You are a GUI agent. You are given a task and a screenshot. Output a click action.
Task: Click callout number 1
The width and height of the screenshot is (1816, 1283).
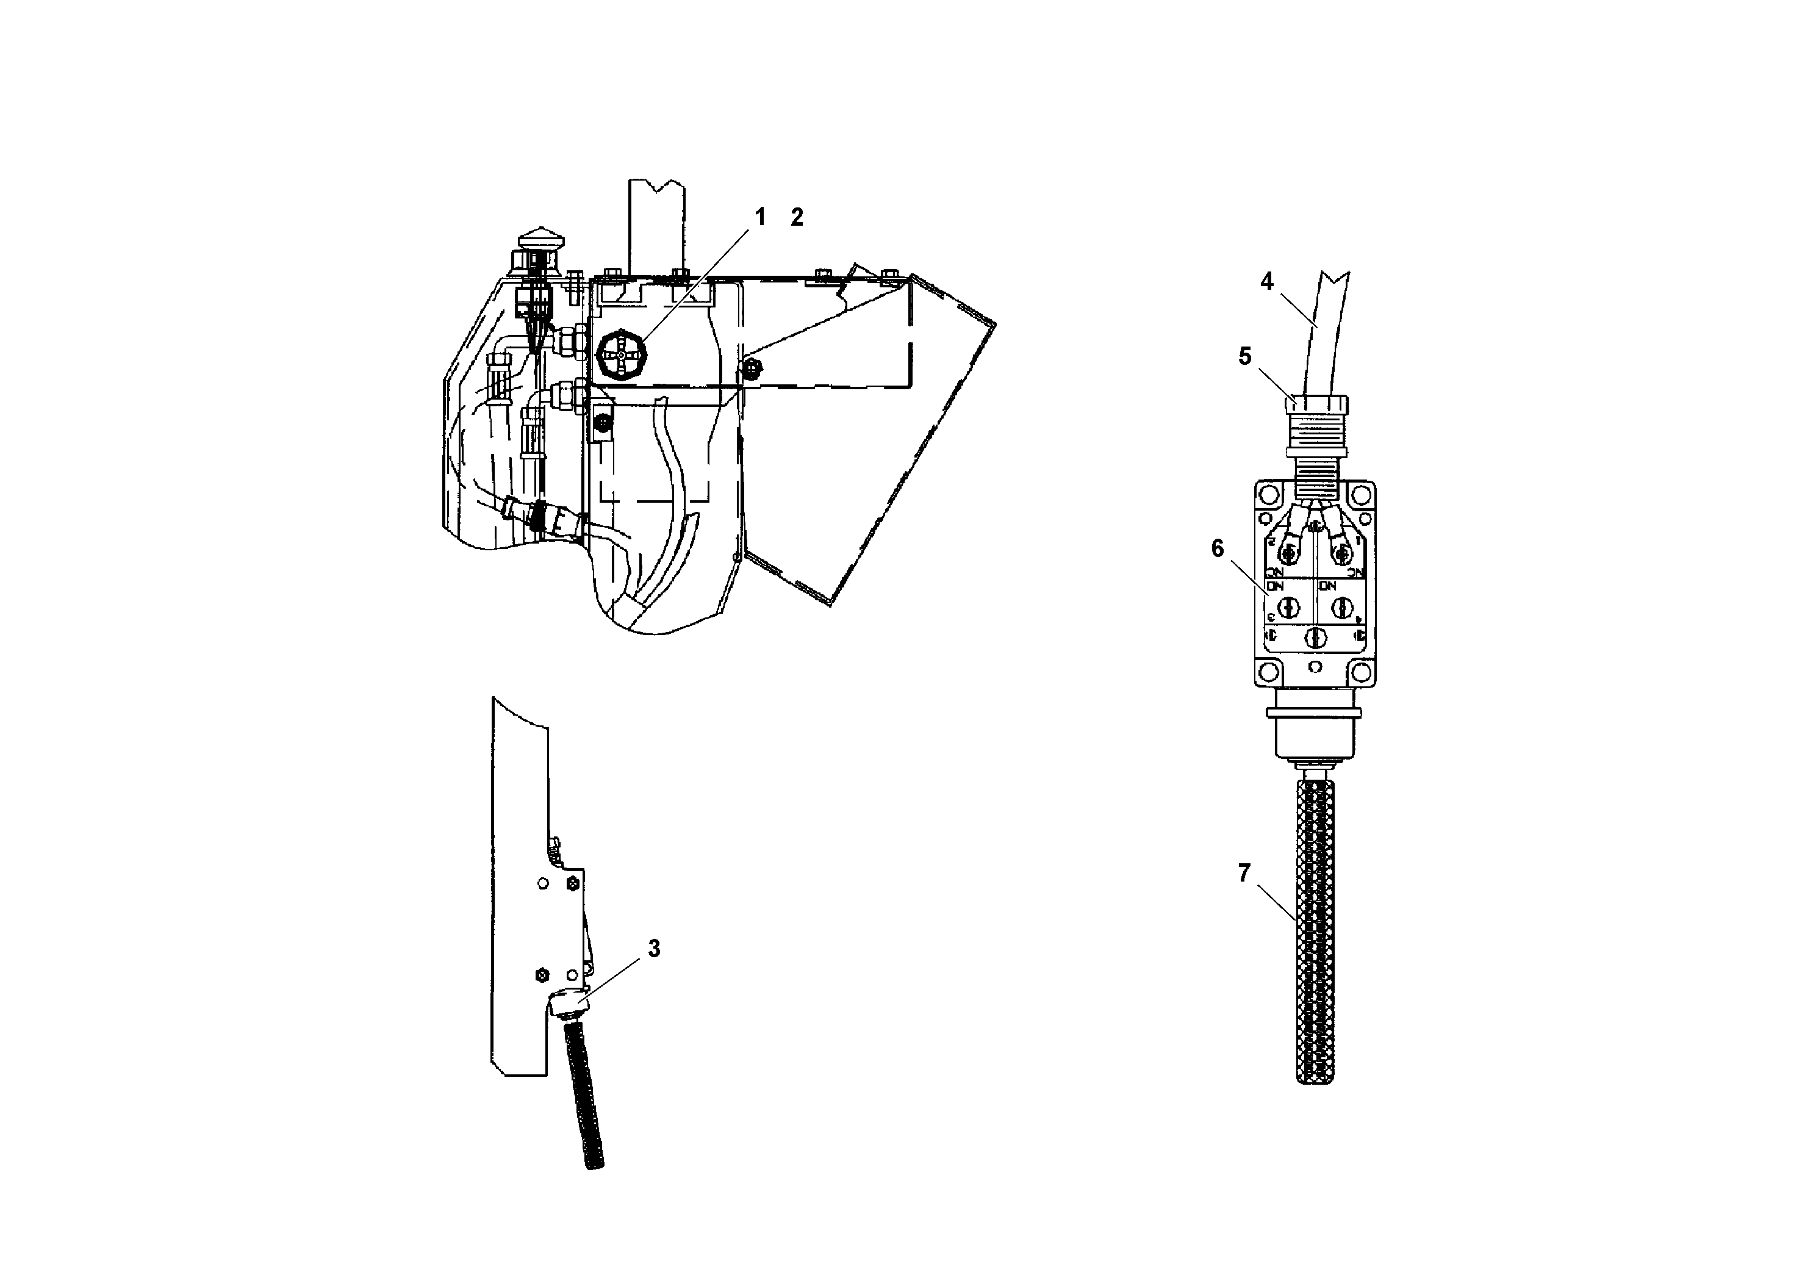[760, 217]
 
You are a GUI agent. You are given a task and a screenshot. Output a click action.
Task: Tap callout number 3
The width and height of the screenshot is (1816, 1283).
[654, 949]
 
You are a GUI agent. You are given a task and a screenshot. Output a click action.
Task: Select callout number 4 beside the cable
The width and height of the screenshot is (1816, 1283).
[1266, 282]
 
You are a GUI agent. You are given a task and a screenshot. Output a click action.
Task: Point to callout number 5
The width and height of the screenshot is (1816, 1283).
[1245, 357]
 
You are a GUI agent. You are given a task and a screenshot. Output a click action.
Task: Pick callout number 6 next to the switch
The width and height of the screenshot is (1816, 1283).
[1217, 548]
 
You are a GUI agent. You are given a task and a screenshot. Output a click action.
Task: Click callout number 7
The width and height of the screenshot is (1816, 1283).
[1244, 873]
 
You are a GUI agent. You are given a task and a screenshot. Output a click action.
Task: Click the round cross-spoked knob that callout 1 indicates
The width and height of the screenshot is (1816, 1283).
[621, 357]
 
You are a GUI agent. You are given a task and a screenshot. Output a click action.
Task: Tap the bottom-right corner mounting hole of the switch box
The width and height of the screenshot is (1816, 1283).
[1360, 672]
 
